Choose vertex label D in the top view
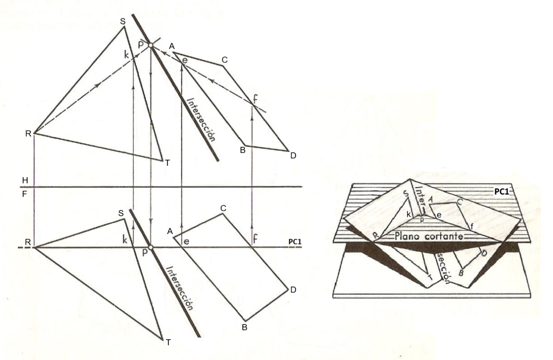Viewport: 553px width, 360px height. [x=293, y=156]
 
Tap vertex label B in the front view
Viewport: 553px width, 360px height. [x=244, y=327]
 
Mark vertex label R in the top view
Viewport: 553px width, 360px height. [x=28, y=134]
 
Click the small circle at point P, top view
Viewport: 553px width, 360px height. [x=151, y=46]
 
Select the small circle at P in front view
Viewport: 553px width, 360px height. [x=151, y=247]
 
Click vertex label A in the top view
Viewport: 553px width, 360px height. [x=172, y=46]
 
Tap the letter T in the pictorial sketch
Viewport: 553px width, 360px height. [x=429, y=277]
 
